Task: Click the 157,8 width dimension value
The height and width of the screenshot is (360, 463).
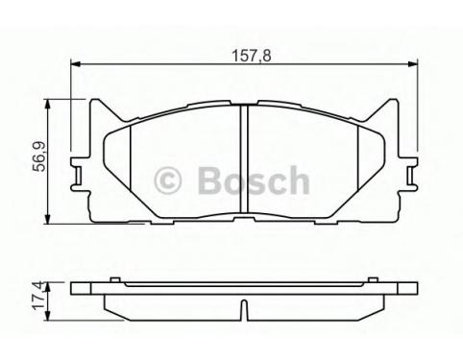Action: click(x=252, y=56)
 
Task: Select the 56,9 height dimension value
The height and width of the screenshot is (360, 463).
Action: click(x=40, y=157)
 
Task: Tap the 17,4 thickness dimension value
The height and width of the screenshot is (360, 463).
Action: click(x=38, y=295)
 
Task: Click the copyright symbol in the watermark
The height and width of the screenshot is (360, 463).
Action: click(x=167, y=180)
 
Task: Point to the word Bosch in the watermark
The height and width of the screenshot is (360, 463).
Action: click(x=254, y=180)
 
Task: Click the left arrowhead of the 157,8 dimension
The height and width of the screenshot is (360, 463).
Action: click(x=75, y=64)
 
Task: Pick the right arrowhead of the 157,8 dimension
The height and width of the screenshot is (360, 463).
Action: click(x=413, y=64)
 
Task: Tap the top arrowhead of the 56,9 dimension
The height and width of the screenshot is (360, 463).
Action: click(x=47, y=104)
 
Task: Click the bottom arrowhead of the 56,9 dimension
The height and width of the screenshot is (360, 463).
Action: click(x=47, y=219)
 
